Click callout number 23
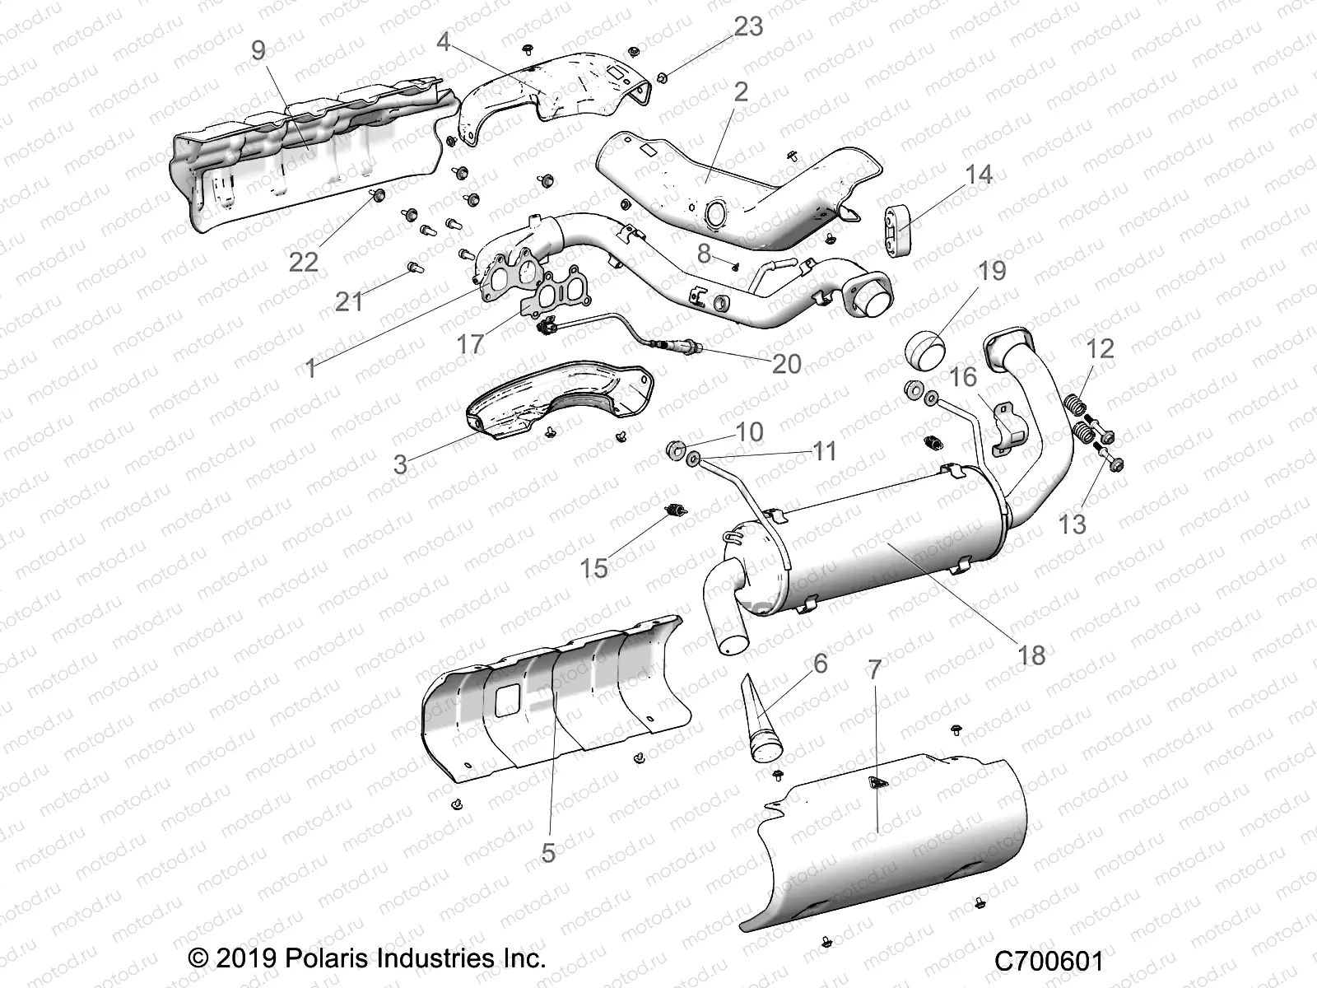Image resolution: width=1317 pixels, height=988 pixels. click(748, 28)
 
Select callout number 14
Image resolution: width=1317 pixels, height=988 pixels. click(979, 175)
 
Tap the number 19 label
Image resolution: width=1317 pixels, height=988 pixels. click(993, 271)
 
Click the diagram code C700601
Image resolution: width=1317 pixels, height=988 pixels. click(1048, 961)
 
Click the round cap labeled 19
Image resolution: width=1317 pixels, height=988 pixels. click(925, 355)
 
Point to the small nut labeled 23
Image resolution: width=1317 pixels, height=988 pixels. click(662, 79)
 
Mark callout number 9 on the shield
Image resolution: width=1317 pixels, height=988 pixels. click(258, 51)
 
